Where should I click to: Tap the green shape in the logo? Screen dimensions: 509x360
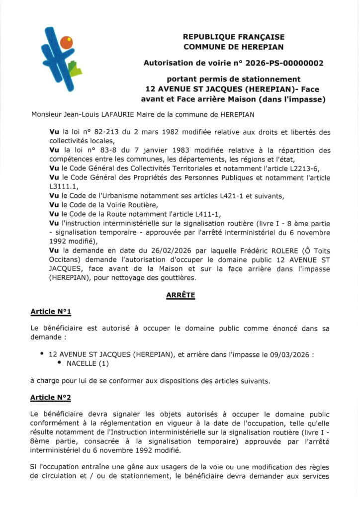(75, 68)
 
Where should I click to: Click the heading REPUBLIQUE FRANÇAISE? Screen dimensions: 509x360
(233, 37)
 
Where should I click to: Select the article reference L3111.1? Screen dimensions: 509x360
(64, 186)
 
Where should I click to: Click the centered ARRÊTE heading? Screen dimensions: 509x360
(180, 295)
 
